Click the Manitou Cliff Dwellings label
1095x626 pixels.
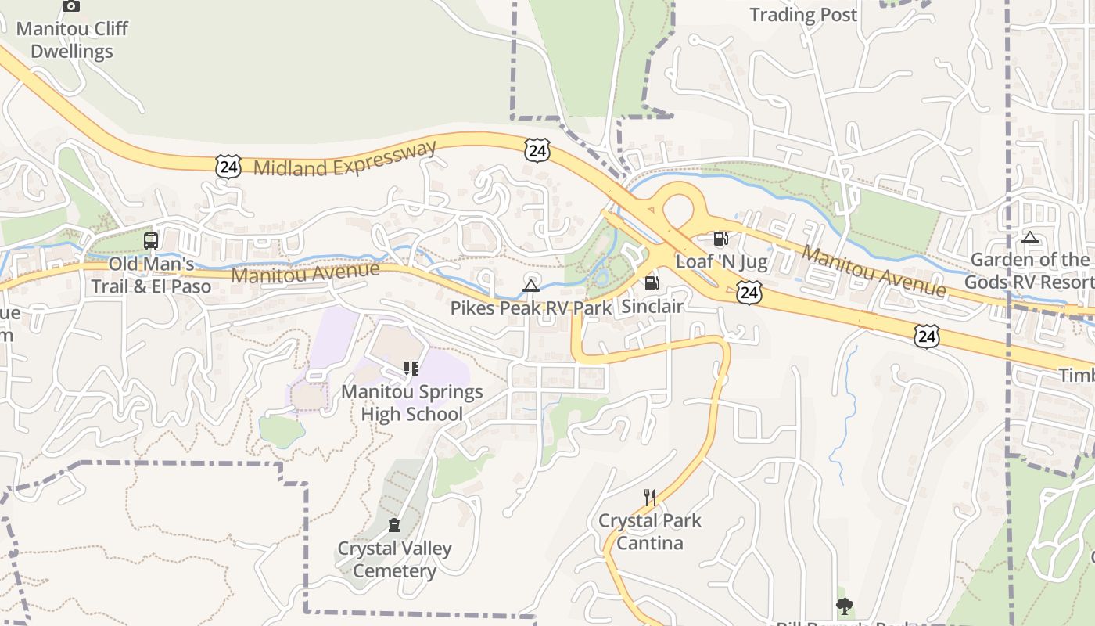click(x=72, y=40)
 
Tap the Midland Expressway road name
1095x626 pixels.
click(x=345, y=159)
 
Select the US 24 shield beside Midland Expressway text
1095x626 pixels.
click(x=228, y=166)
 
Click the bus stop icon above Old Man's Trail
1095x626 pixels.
click(x=151, y=241)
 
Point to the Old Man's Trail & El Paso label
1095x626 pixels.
click(x=151, y=275)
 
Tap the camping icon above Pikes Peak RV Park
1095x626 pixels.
click(x=531, y=286)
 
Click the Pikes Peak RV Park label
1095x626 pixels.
click(x=531, y=308)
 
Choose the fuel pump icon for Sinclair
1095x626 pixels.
click(x=652, y=283)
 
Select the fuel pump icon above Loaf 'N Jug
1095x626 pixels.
click(x=720, y=239)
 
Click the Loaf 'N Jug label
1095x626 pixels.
click(x=721, y=261)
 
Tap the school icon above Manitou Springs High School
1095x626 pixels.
click(x=411, y=369)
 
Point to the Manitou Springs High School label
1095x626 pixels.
click(x=411, y=403)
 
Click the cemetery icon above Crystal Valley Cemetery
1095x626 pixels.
click(x=394, y=525)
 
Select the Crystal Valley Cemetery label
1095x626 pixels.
click(x=394, y=559)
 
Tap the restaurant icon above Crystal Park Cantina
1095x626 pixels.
click(x=649, y=497)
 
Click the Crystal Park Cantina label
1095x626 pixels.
click(x=649, y=532)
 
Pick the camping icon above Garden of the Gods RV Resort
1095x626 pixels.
click(x=1030, y=238)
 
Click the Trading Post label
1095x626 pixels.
click(x=803, y=15)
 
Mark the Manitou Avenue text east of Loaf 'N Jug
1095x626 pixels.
click(x=874, y=272)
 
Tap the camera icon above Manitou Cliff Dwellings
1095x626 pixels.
click(x=71, y=6)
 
